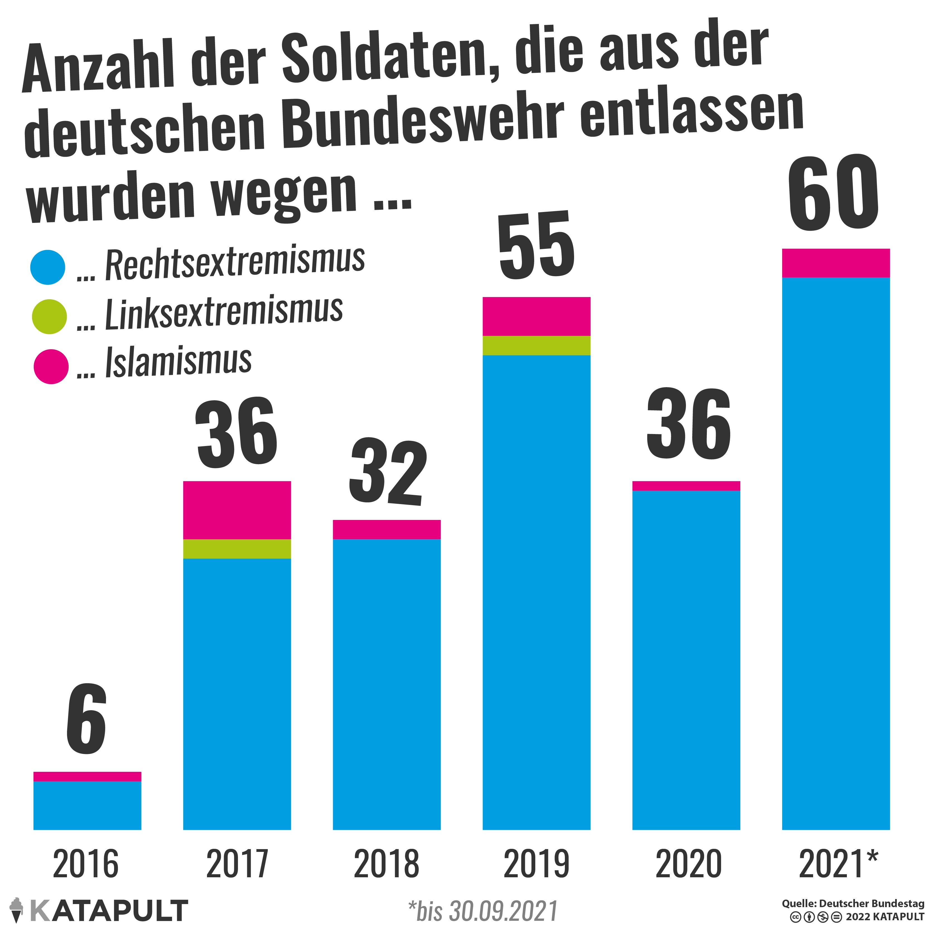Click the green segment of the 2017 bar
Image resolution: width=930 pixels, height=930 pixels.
(237, 549)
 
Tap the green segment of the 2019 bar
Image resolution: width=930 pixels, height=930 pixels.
(536, 345)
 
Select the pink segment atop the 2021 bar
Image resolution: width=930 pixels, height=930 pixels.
(836, 263)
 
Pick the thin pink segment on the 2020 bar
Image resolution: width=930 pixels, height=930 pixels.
(686, 486)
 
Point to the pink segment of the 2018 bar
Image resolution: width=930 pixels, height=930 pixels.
(387, 529)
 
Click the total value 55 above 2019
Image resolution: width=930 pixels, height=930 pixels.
(536, 245)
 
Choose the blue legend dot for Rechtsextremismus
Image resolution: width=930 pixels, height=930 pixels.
(48, 267)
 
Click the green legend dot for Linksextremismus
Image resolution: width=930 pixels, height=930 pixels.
(49, 317)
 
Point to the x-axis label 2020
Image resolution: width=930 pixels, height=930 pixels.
(688, 864)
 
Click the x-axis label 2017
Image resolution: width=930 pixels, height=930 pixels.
(237, 864)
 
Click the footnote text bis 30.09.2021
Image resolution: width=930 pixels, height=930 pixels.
(483, 911)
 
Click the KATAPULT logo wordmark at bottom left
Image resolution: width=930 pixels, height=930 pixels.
(108, 911)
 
